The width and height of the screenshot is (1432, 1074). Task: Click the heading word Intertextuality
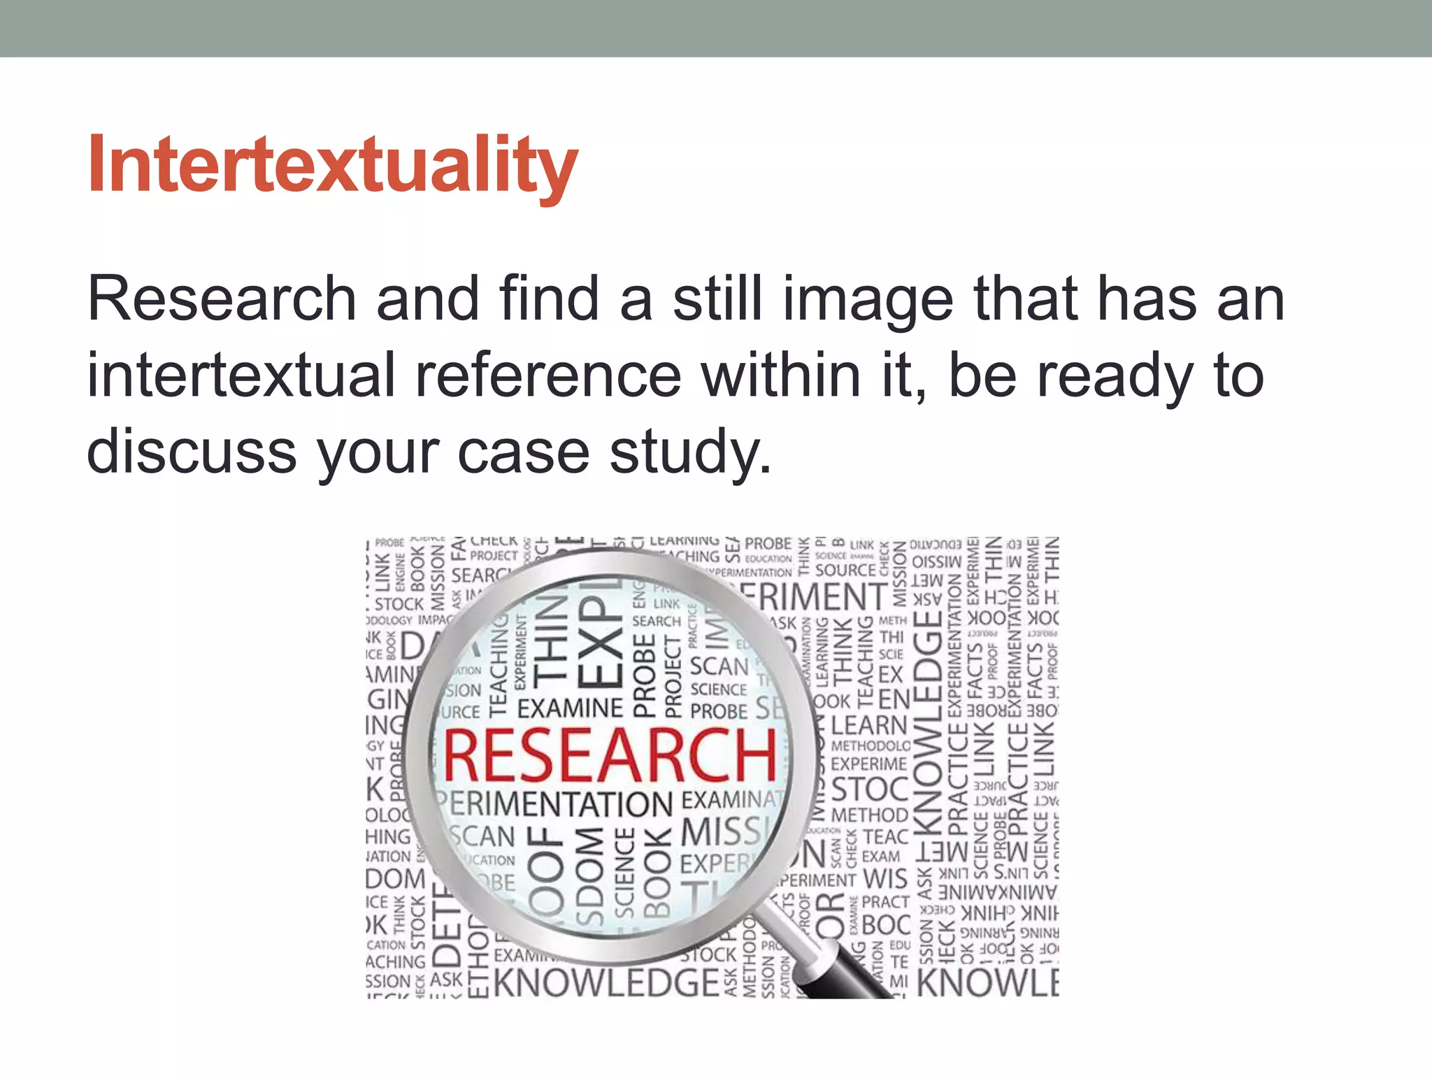333,165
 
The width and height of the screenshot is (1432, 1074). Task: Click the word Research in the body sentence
222,299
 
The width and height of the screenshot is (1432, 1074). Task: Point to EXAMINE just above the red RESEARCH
570,708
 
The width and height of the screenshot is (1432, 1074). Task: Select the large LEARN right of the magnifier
869,724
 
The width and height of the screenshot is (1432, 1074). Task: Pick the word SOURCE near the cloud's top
845,571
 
